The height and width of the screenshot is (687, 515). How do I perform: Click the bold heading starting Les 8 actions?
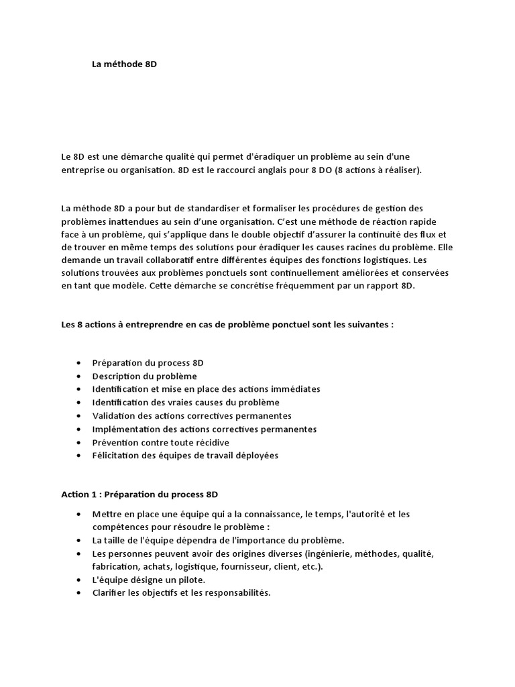227,324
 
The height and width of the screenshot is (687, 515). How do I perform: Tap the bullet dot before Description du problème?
80,376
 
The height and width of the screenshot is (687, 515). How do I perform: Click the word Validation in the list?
113,416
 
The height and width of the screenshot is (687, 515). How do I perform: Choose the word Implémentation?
127,429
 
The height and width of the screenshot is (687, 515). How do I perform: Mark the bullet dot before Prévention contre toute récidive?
80,442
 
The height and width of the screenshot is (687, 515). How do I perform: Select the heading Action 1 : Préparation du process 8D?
139,494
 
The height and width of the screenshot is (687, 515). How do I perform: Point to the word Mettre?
107,514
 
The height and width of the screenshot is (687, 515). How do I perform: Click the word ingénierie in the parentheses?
329,553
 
